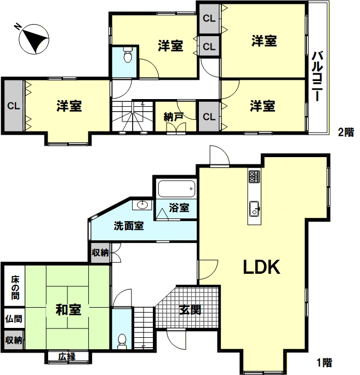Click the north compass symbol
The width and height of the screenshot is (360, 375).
[34, 39]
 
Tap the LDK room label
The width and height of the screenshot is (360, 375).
[261, 267]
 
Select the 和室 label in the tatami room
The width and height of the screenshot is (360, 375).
[68, 309]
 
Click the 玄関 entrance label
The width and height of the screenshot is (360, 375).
[190, 310]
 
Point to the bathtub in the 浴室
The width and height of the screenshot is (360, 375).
[176, 189]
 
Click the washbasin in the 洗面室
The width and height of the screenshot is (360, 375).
[142, 205]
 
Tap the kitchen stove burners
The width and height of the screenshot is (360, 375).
[254, 176]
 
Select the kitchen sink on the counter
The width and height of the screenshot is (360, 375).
[254, 209]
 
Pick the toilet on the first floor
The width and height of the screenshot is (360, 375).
[122, 341]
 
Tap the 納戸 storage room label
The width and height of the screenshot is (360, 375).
[174, 117]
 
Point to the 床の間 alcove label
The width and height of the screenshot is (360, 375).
[15, 288]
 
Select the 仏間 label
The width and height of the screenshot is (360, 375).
[14, 319]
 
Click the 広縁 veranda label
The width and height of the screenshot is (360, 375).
[67, 357]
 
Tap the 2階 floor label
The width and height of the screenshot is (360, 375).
[346, 132]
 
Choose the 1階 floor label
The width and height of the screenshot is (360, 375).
[324, 362]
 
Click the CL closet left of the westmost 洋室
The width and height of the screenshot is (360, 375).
[13, 106]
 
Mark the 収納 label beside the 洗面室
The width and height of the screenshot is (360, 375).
[100, 252]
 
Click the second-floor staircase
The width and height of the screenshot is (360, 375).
[133, 116]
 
